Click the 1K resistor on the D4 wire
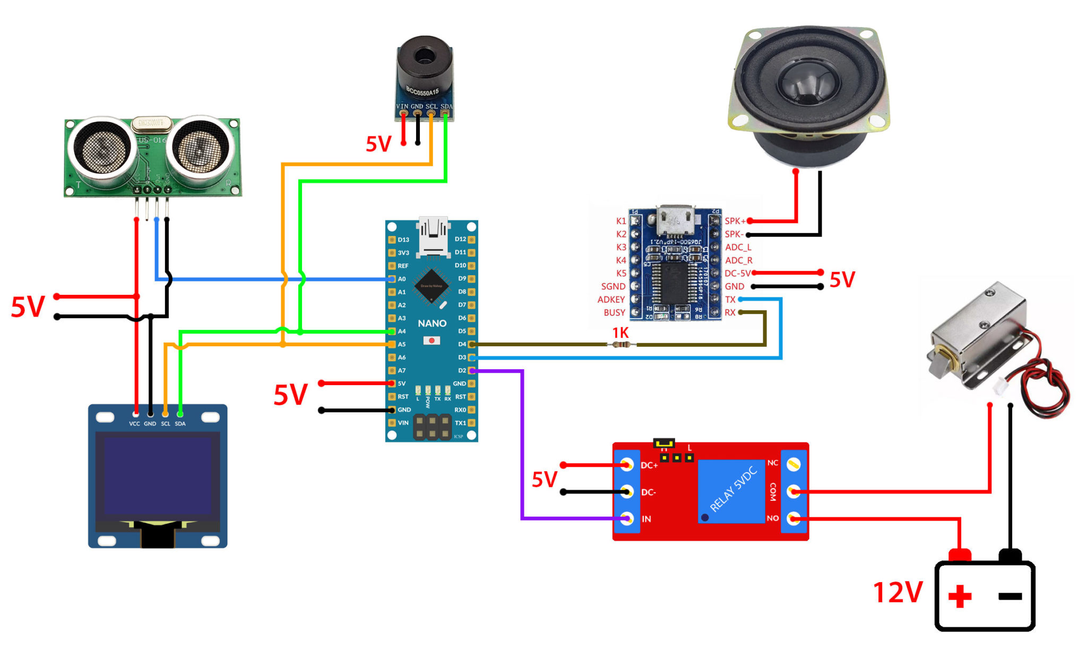621,345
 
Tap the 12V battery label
898,592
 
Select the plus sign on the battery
960,596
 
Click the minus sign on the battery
1010,596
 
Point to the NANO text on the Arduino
432,323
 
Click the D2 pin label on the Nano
462,371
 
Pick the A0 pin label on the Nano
402,279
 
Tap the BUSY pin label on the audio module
614,313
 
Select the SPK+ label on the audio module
735,221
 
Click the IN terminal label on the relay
646,519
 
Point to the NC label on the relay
773,463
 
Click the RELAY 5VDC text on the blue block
734,489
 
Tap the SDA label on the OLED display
180,424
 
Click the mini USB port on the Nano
433,236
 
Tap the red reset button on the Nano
432,340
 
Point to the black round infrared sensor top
424,56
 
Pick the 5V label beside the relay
545,479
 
